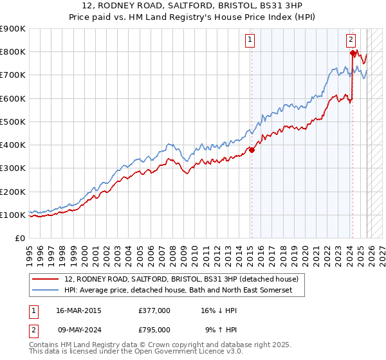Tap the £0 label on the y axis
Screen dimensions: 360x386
click(x=20, y=239)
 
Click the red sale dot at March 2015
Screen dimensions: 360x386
click(x=252, y=150)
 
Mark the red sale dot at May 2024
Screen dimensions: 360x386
click(x=352, y=53)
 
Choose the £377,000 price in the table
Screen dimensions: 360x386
click(x=154, y=310)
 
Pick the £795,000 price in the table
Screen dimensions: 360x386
click(x=154, y=331)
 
